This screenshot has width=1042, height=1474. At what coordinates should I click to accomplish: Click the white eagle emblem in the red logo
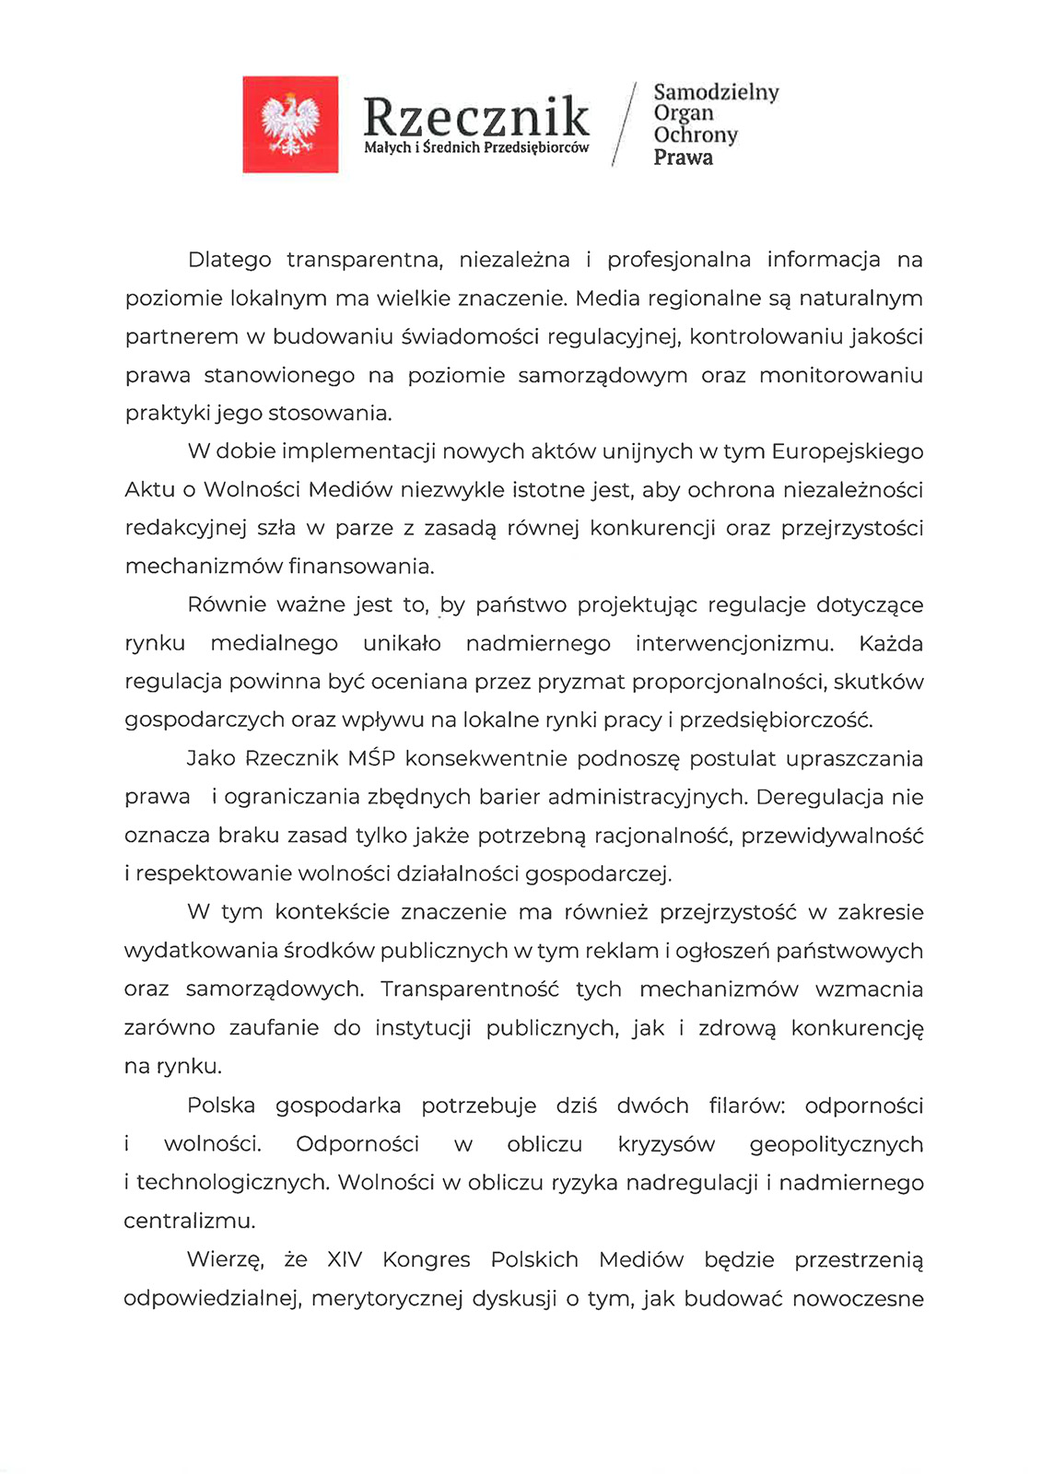click(290, 124)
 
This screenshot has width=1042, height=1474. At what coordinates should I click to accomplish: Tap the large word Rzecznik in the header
click(475, 118)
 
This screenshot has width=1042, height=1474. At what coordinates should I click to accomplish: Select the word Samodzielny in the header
click(716, 92)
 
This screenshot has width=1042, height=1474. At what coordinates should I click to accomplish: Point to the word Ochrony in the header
click(696, 135)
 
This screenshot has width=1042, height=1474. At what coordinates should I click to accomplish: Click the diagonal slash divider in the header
click(625, 124)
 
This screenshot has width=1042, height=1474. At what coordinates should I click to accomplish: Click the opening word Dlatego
click(229, 260)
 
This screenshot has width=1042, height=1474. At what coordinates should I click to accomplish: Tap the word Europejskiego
click(847, 451)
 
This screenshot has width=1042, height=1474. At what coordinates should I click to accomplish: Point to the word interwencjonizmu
click(733, 643)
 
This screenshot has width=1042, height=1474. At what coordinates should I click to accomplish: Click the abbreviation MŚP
click(371, 758)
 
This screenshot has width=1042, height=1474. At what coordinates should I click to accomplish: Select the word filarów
click(746, 1105)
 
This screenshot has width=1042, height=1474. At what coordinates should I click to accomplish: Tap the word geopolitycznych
click(836, 1145)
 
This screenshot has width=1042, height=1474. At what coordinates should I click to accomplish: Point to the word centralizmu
click(190, 1222)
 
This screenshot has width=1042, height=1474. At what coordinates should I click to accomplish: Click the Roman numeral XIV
click(345, 1259)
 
